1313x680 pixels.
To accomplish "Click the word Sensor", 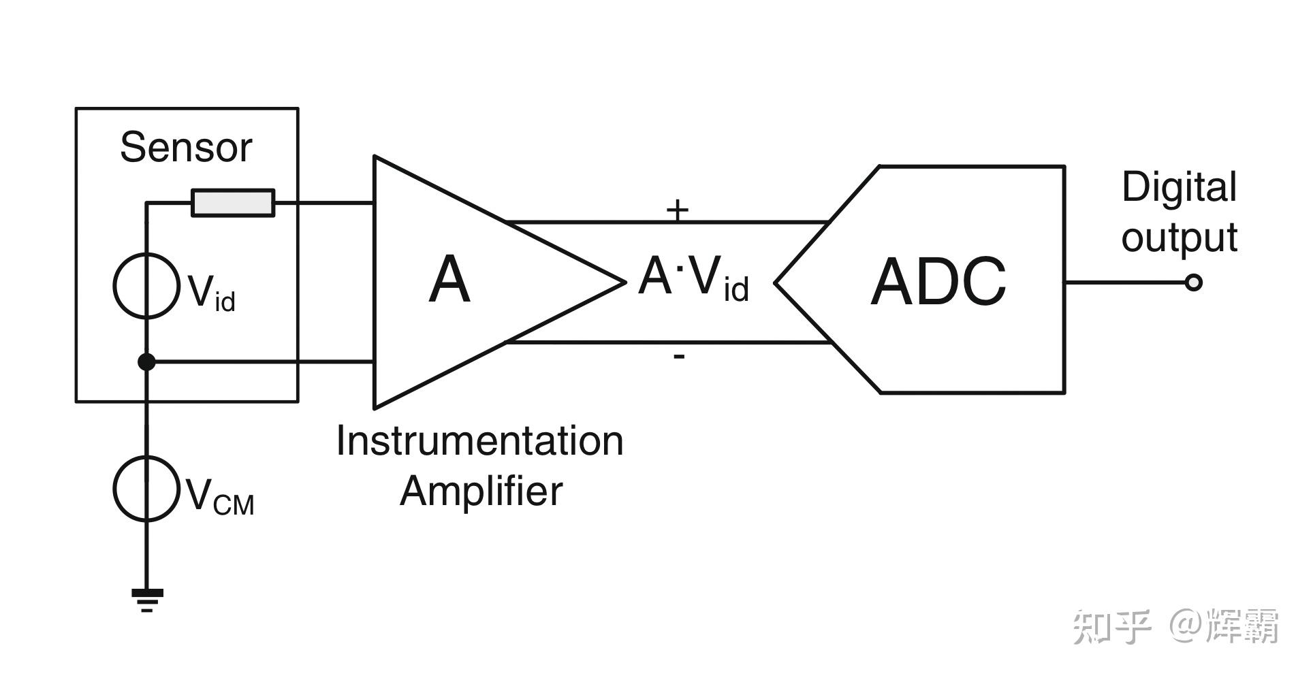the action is [x=186, y=147].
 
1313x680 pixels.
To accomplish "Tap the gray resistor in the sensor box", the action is [x=233, y=203].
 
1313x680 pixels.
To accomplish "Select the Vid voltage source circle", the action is [x=146, y=286].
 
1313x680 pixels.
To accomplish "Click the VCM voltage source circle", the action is [x=146, y=489].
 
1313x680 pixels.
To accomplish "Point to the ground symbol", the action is [x=147, y=600].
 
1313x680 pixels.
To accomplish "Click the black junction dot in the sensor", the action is [x=146, y=362].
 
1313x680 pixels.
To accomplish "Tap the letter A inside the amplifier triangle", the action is [x=449, y=279].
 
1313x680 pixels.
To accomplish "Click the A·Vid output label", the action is [x=693, y=278].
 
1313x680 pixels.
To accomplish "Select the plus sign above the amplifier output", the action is [x=678, y=210].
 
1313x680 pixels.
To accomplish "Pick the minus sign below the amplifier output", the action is [x=679, y=356].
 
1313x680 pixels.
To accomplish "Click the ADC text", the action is [x=938, y=281].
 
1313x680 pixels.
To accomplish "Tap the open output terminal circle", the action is [x=1193, y=282].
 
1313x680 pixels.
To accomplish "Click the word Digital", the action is [x=1179, y=188].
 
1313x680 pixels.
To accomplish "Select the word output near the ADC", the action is [x=1180, y=238].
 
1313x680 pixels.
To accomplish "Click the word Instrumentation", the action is [x=479, y=441].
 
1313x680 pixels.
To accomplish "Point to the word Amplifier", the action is [x=481, y=491].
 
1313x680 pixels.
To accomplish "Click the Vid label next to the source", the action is [x=211, y=293].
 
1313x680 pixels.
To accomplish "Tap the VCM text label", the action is [x=219, y=496].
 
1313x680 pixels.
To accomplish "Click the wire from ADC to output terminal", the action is [x=1125, y=282].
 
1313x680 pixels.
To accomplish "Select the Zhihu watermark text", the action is [x=1176, y=626].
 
